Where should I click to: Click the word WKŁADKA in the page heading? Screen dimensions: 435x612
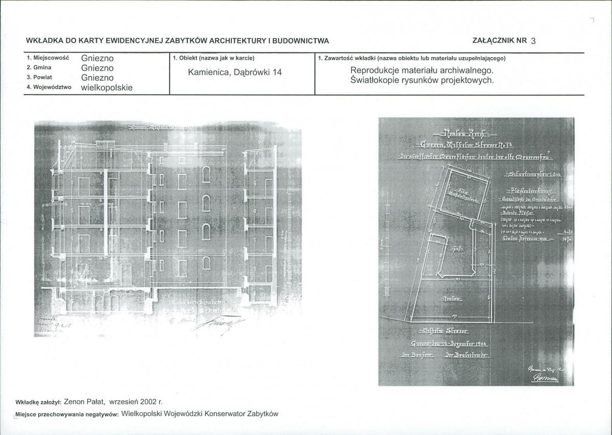(44, 41)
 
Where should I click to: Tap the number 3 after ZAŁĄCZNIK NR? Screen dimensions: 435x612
(533, 41)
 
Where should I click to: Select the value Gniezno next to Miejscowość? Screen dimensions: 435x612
(97, 58)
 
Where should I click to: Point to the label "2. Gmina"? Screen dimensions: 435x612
(39, 67)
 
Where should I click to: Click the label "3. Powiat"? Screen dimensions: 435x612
(40, 77)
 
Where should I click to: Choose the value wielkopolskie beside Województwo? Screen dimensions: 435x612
(107, 88)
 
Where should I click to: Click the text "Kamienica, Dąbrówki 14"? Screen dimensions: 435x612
(235, 72)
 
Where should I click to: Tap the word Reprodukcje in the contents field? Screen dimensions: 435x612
(374, 70)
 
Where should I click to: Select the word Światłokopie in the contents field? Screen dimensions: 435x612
(376, 80)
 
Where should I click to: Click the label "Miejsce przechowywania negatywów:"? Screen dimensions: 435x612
(68, 415)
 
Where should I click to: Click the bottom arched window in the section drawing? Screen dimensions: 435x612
(206, 263)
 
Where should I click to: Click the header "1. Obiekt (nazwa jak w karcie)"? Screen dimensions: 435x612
(213, 58)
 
